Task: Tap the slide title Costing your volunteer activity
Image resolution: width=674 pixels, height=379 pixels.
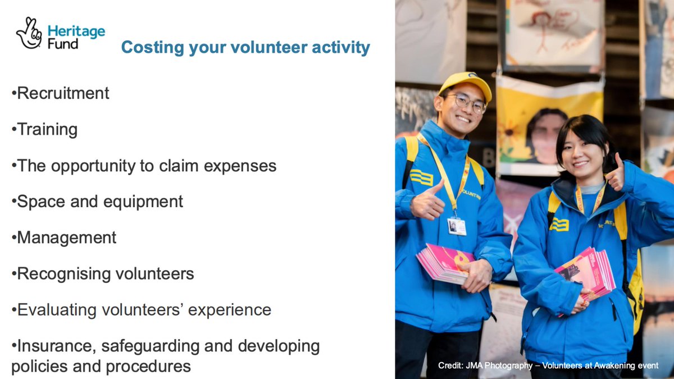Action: point(245,47)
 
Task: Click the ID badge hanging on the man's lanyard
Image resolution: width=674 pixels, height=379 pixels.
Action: point(457,226)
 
